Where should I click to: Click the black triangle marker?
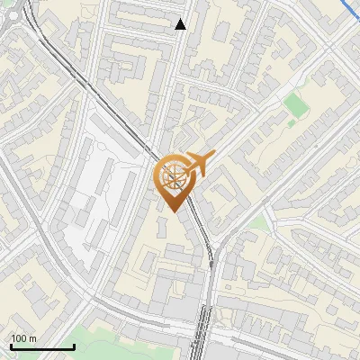coord(181,24)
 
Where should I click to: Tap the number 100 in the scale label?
coord(19,338)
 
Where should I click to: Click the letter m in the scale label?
coord(33,338)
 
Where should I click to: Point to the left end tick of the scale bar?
coord(11,346)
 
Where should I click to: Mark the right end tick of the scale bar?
coord(74,346)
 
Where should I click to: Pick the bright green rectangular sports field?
coord(295,104)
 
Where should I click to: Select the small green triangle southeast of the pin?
coord(259,222)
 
